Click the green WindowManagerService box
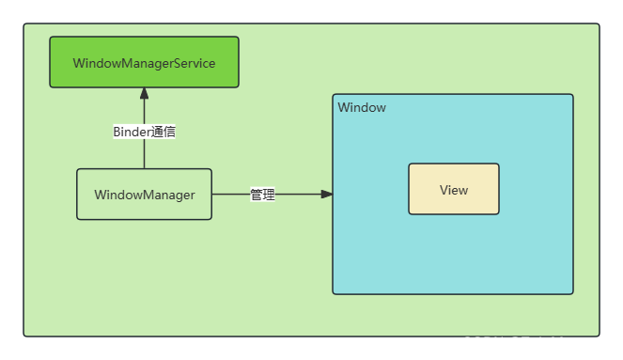tap(144, 62)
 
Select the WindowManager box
tap(144, 195)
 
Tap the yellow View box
tap(453, 189)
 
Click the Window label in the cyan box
tap(362, 107)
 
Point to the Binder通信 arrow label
tap(144, 132)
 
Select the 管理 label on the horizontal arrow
tap(263, 195)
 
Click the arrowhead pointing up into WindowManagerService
tap(144, 93)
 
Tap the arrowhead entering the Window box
tap(326, 195)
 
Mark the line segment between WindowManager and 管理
tap(230, 195)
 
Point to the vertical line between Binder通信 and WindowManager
tap(144, 155)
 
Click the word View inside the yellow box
tap(453, 190)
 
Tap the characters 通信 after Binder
tap(164, 132)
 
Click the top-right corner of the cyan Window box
tap(571, 96)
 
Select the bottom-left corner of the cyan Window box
tap(335, 292)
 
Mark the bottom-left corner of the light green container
tap(25, 334)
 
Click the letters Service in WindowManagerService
tap(194, 63)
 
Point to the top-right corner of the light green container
tap(598, 25)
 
